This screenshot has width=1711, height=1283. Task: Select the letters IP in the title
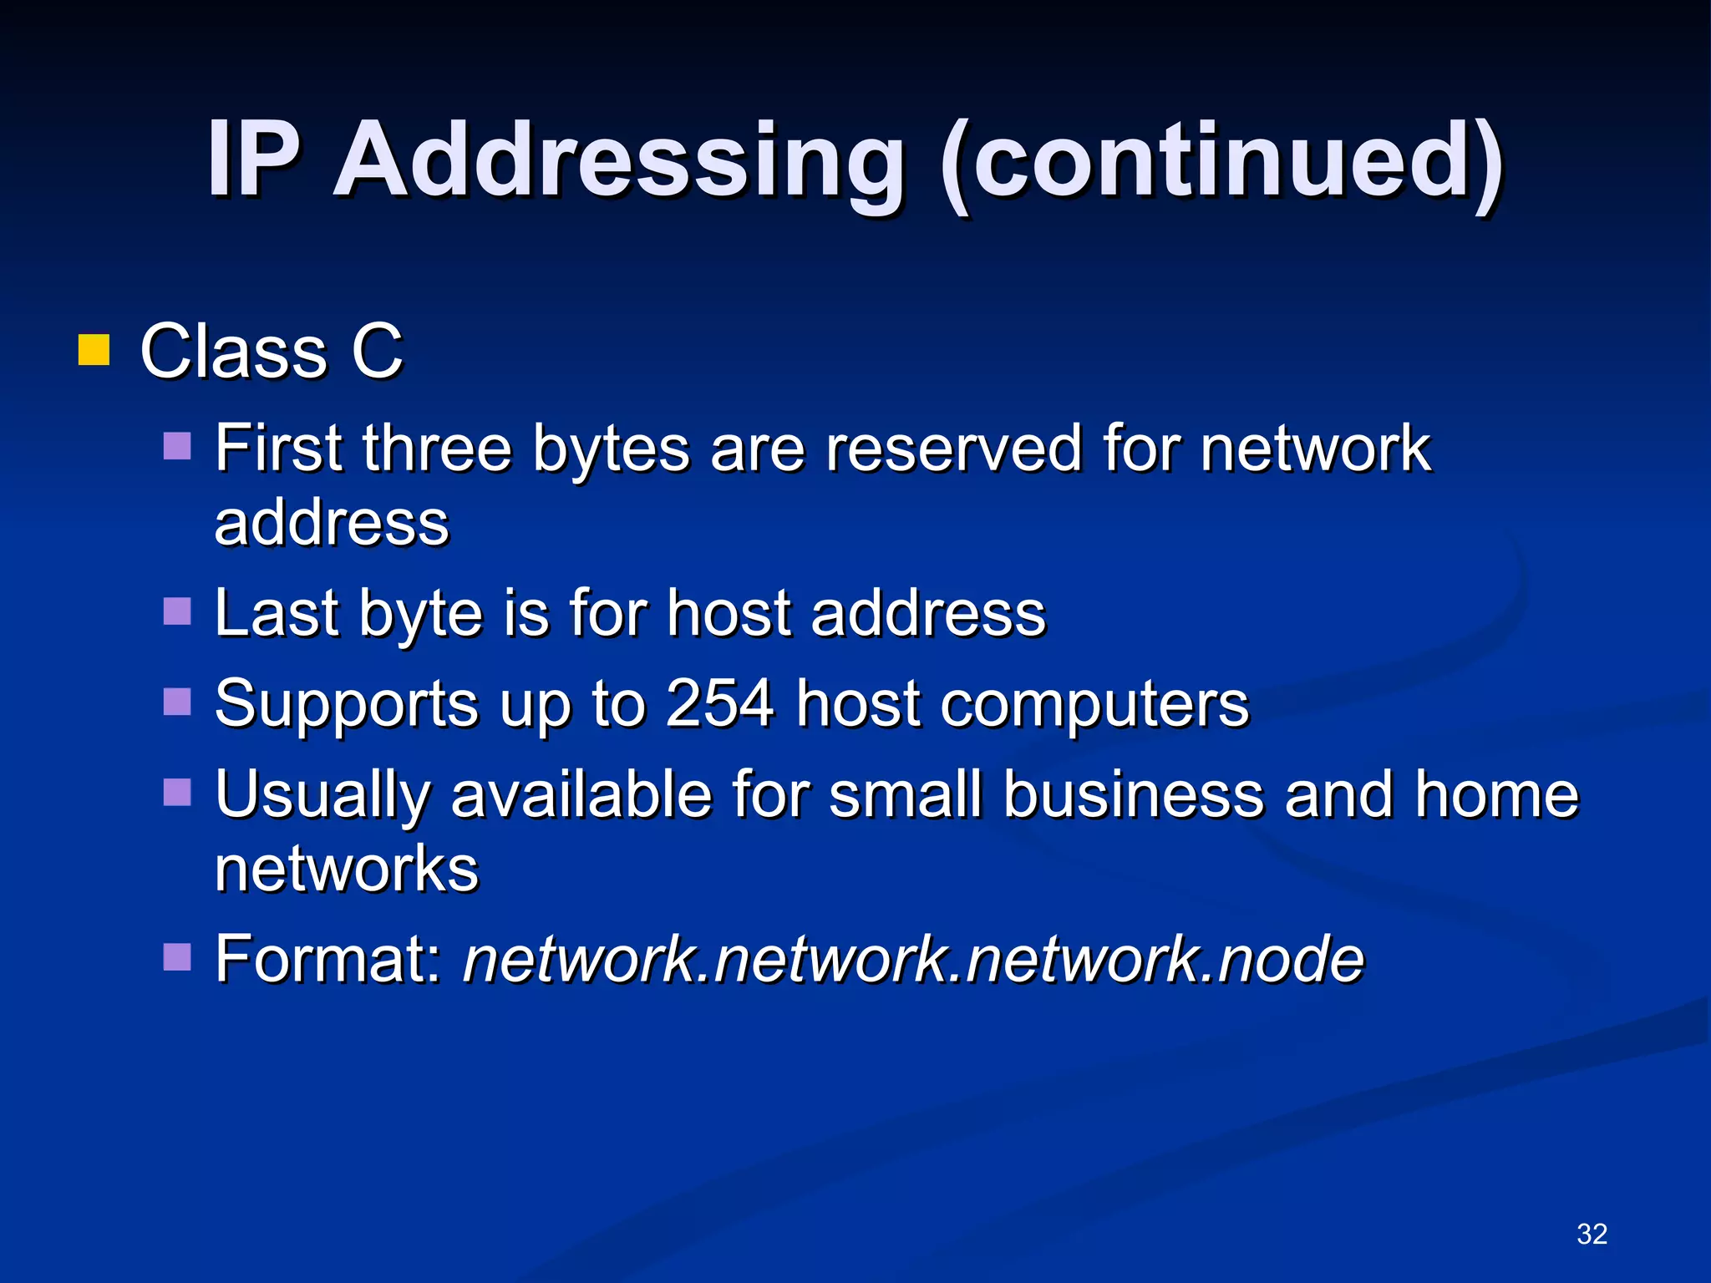point(253,159)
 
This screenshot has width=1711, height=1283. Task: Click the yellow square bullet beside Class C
point(94,351)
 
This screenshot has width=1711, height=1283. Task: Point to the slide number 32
point(1592,1234)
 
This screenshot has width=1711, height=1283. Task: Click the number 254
point(719,703)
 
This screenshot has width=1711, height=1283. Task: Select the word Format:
point(328,958)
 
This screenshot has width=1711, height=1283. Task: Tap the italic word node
point(1290,958)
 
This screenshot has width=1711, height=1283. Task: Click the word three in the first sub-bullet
point(436,449)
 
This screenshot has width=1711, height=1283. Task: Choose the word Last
point(277,613)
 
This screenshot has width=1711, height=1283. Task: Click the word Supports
point(346,703)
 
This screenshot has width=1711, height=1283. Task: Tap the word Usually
point(322,794)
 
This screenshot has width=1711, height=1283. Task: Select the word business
point(1134,794)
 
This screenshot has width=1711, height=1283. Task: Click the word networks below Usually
point(347,869)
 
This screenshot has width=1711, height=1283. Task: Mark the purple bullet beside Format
point(177,956)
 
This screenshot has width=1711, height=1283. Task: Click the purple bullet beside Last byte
point(177,611)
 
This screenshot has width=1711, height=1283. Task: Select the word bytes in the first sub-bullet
point(612,449)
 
